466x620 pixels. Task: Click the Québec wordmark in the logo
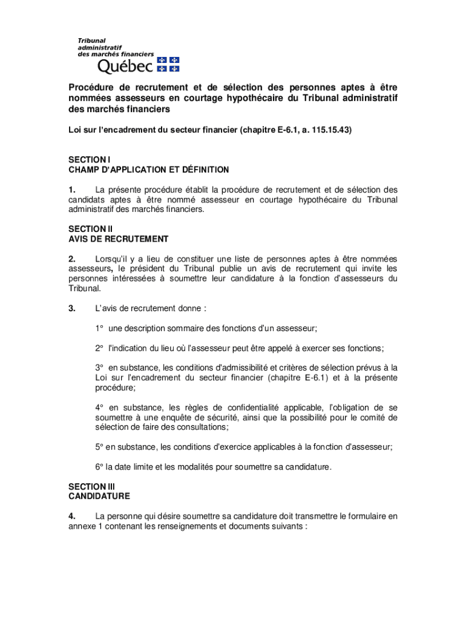click(125, 64)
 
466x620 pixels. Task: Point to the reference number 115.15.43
click(329, 130)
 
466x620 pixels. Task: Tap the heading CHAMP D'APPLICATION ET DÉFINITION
click(148, 170)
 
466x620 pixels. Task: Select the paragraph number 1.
click(71, 190)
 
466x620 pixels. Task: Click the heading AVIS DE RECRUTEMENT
click(118, 239)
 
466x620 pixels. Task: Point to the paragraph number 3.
click(71, 308)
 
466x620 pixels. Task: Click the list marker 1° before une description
click(99, 328)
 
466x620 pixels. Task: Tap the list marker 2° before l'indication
click(99, 348)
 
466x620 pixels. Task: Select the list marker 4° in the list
click(99, 407)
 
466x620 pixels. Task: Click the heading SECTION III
click(91, 486)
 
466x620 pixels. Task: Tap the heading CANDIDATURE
click(99, 496)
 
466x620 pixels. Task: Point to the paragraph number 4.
click(71, 516)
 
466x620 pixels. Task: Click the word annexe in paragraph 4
click(82, 526)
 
